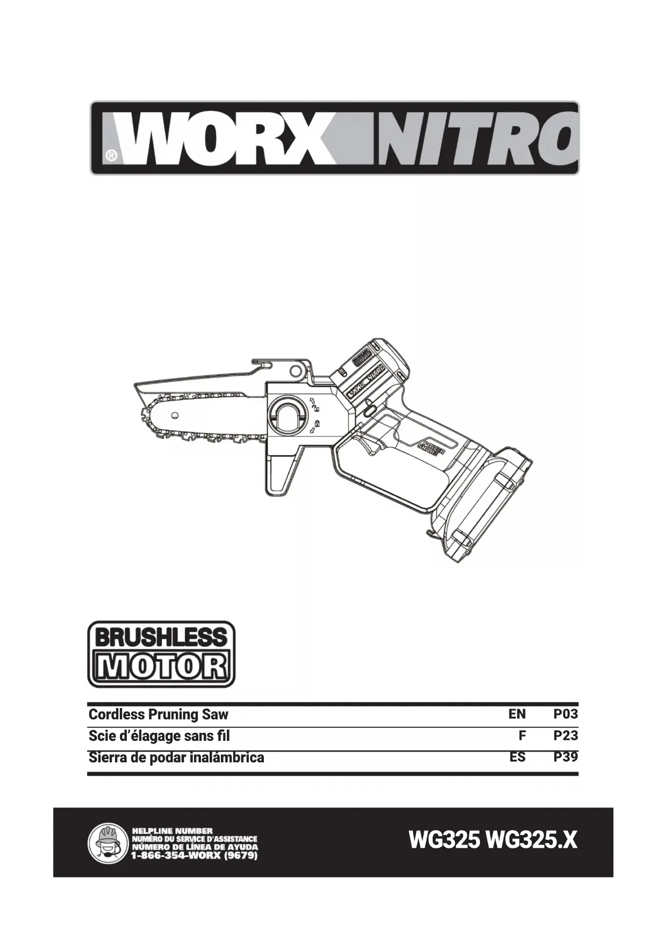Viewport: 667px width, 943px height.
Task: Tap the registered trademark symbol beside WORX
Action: tap(111, 156)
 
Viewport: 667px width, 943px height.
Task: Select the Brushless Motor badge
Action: tap(161, 654)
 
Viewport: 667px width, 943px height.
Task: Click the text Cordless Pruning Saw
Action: tap(158, 715)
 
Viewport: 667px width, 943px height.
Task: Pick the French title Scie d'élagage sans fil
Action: tap(159, 735)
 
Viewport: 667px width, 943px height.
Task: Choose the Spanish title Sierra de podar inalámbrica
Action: tap(176, 758)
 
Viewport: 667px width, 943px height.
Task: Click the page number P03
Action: tap(566, 714)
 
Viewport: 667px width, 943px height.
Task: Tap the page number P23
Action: tap(566, 735)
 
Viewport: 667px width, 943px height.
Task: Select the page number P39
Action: tap(566, 757)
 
